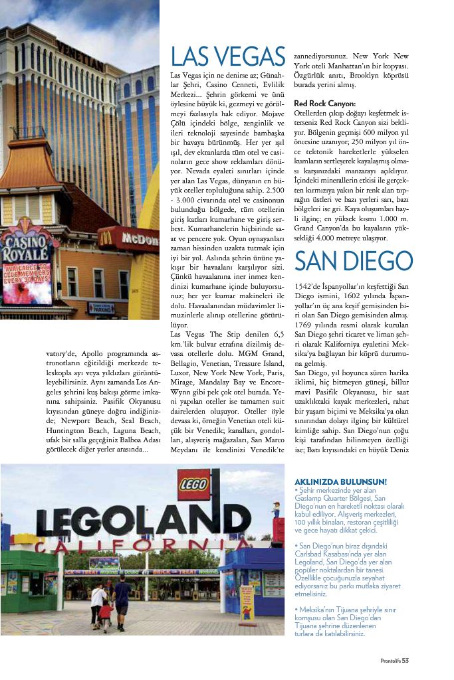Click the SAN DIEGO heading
pyautogui.click(x=353, y=261)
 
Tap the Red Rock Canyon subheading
pyautogui.click(x=324, y=104)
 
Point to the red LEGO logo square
pyautogui.click(x=194, y=485)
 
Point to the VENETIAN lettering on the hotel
pyautogui.click(x=80, y=56)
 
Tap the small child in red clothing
pyautogui.click(x=104, y=615)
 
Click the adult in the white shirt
pyautogui.click(x=98, y=601)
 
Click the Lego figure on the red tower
pyautogui.click(x=276, y=511)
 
